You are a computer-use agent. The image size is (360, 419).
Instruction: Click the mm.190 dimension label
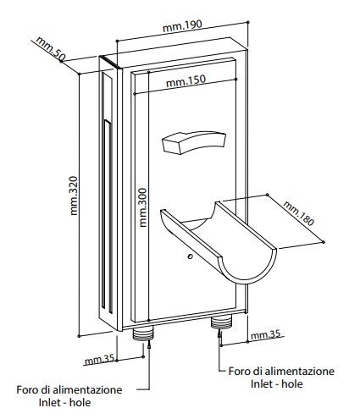click(x=183, y=26)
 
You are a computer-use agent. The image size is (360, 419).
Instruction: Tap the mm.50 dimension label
click(x=50, y=48)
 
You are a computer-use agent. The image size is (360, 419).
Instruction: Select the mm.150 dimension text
click(x=186, y=81)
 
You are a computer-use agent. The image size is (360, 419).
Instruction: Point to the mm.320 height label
click(x=74, y=196)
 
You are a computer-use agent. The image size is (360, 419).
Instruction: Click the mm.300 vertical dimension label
click(x=143, y=207)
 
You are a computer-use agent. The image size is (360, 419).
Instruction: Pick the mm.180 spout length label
click(x=298, y=213)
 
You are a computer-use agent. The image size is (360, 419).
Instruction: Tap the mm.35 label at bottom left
click(x=100, y=360)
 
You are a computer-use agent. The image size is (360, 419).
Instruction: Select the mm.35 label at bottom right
click(x=266, y=335)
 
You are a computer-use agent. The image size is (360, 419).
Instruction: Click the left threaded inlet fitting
click(x=143, y=334)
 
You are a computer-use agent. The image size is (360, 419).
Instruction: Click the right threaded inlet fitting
click(x=221, y=323)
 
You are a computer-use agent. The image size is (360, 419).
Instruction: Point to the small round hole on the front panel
click(x=190, y=256)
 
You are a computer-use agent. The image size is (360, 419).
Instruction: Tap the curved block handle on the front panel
click(x=194, y=142)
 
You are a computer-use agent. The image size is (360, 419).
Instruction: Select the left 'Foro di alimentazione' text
click(x=69, y=389)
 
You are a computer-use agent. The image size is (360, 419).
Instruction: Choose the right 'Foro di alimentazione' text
click(x=281, y=371)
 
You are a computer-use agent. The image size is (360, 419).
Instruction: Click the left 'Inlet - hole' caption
click(x=64, y=402)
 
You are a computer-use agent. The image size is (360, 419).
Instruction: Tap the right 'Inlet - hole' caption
click(x=277, y=383)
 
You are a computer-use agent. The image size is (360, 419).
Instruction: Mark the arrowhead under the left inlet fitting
click(x=149, y=345)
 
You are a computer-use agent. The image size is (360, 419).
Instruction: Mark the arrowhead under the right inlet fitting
click(x=219, y=334)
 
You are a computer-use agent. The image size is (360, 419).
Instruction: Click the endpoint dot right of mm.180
click(x=324, y=242)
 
